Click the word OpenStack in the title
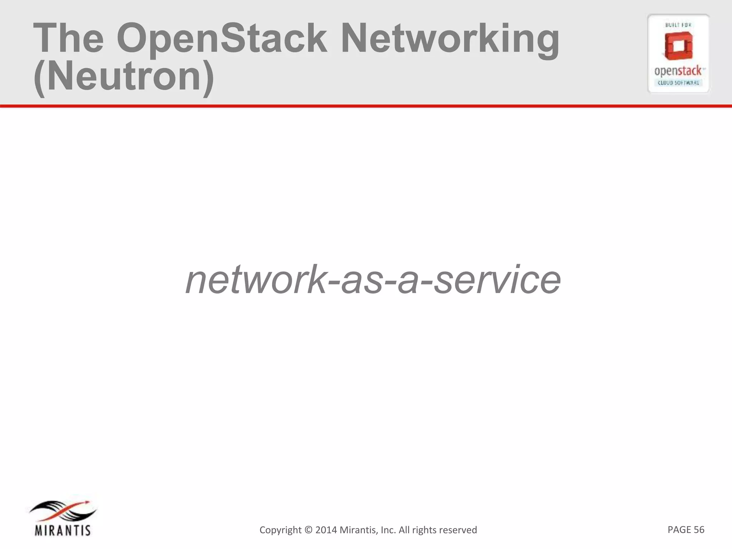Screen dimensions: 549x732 click(x=222, y=39)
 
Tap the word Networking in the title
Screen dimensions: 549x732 click(x=450, y=39)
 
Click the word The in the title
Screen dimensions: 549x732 click(x=68, y=38)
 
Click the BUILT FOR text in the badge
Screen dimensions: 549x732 click(x=678, y=25)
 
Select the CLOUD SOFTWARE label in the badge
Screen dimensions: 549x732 click(x=678, y=83)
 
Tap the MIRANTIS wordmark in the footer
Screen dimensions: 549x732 click(x=63, y=530)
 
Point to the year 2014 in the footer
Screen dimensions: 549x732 click(x=326, y=530)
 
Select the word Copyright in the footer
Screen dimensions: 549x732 click(x=281, y=530)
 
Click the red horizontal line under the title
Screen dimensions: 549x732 click(x=366, y=106)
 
